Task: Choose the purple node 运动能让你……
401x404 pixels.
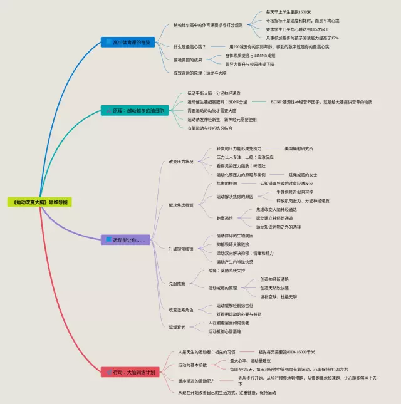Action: tap(127, 239)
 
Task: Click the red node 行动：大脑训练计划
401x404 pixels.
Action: tap(131, 372)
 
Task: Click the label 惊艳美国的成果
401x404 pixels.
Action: tap(189, 60)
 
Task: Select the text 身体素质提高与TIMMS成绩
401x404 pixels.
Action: tap(249, 55)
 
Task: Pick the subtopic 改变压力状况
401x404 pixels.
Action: tap(181, 161)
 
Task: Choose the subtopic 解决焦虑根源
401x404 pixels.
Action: tap(181, 205)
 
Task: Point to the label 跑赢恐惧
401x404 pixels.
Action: tap(225, 218)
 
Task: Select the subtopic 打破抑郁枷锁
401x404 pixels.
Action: tap(181, 249)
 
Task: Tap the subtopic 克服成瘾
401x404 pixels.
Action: tap(177, 283)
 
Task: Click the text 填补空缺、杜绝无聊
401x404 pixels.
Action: tap(278, 296)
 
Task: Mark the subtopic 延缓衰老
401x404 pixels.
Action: tap(177, 327)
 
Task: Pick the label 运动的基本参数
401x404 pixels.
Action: tap(192, 365)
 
